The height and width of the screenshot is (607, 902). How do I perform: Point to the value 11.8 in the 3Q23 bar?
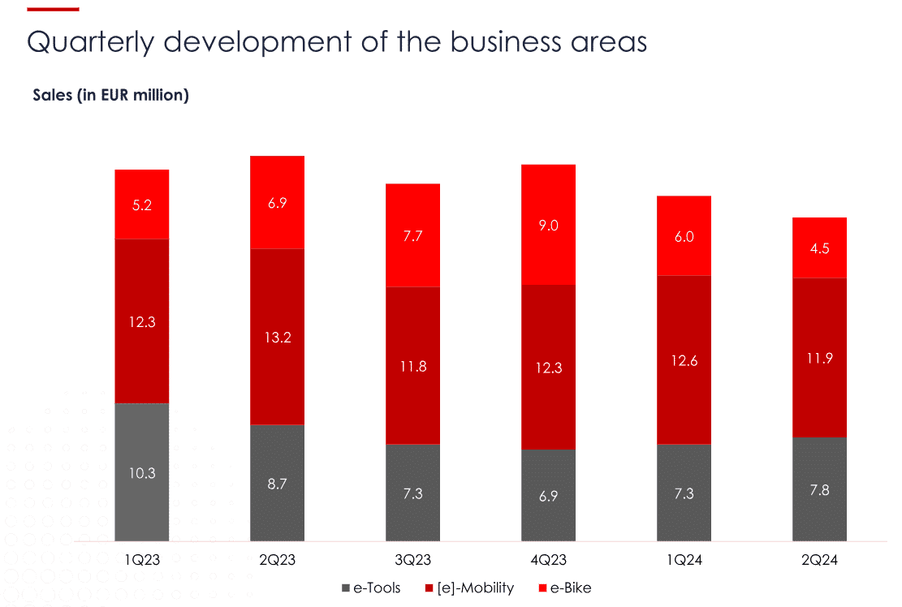coord(412,367)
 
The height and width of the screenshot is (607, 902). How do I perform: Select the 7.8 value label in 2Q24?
coord(819,490)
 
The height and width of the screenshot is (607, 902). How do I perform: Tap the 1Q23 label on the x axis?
coord(142,560)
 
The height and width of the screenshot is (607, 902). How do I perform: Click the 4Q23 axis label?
coord(549,560)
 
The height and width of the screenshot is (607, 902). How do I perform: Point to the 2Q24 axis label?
coord(819,560)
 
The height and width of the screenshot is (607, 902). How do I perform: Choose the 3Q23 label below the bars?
coord(412,560)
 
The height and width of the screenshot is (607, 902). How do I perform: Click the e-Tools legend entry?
coord(371,588)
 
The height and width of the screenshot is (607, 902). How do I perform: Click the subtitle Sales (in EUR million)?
coord(111,95)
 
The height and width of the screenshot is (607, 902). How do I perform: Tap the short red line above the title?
coord(53,9)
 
